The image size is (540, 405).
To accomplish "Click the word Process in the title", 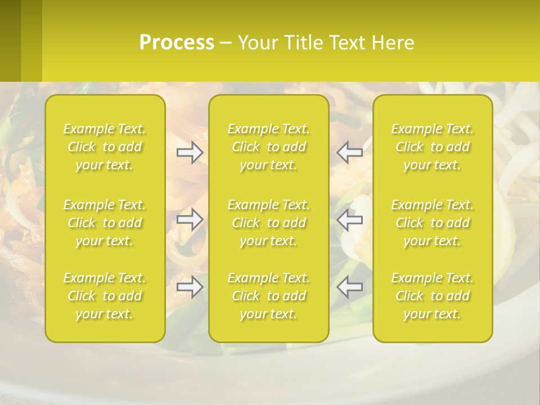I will coord(177,43).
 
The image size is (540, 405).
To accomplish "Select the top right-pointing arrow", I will coord(190,152).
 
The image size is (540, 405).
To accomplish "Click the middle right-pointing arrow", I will coord(190,219).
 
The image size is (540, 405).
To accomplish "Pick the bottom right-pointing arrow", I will coord(190,287).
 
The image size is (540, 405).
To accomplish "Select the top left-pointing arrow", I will coord(350,152).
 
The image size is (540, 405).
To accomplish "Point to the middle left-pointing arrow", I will coord(350,219).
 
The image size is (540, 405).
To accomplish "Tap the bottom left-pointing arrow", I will coord(350,287).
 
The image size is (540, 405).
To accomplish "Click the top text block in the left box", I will coord(105,147).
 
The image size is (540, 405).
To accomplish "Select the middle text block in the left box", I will coord(105,223).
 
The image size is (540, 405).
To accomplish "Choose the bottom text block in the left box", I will coord(105,296).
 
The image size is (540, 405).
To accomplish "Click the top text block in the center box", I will coord(269,147).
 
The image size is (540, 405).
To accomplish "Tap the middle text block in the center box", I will coord(269,223).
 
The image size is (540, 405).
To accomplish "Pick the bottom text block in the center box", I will coord(269,296).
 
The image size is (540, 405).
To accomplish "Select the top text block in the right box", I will coord(433,147).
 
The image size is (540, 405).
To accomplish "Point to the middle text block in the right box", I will coord(433,223).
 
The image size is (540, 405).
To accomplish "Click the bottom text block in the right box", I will coord(433,296).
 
